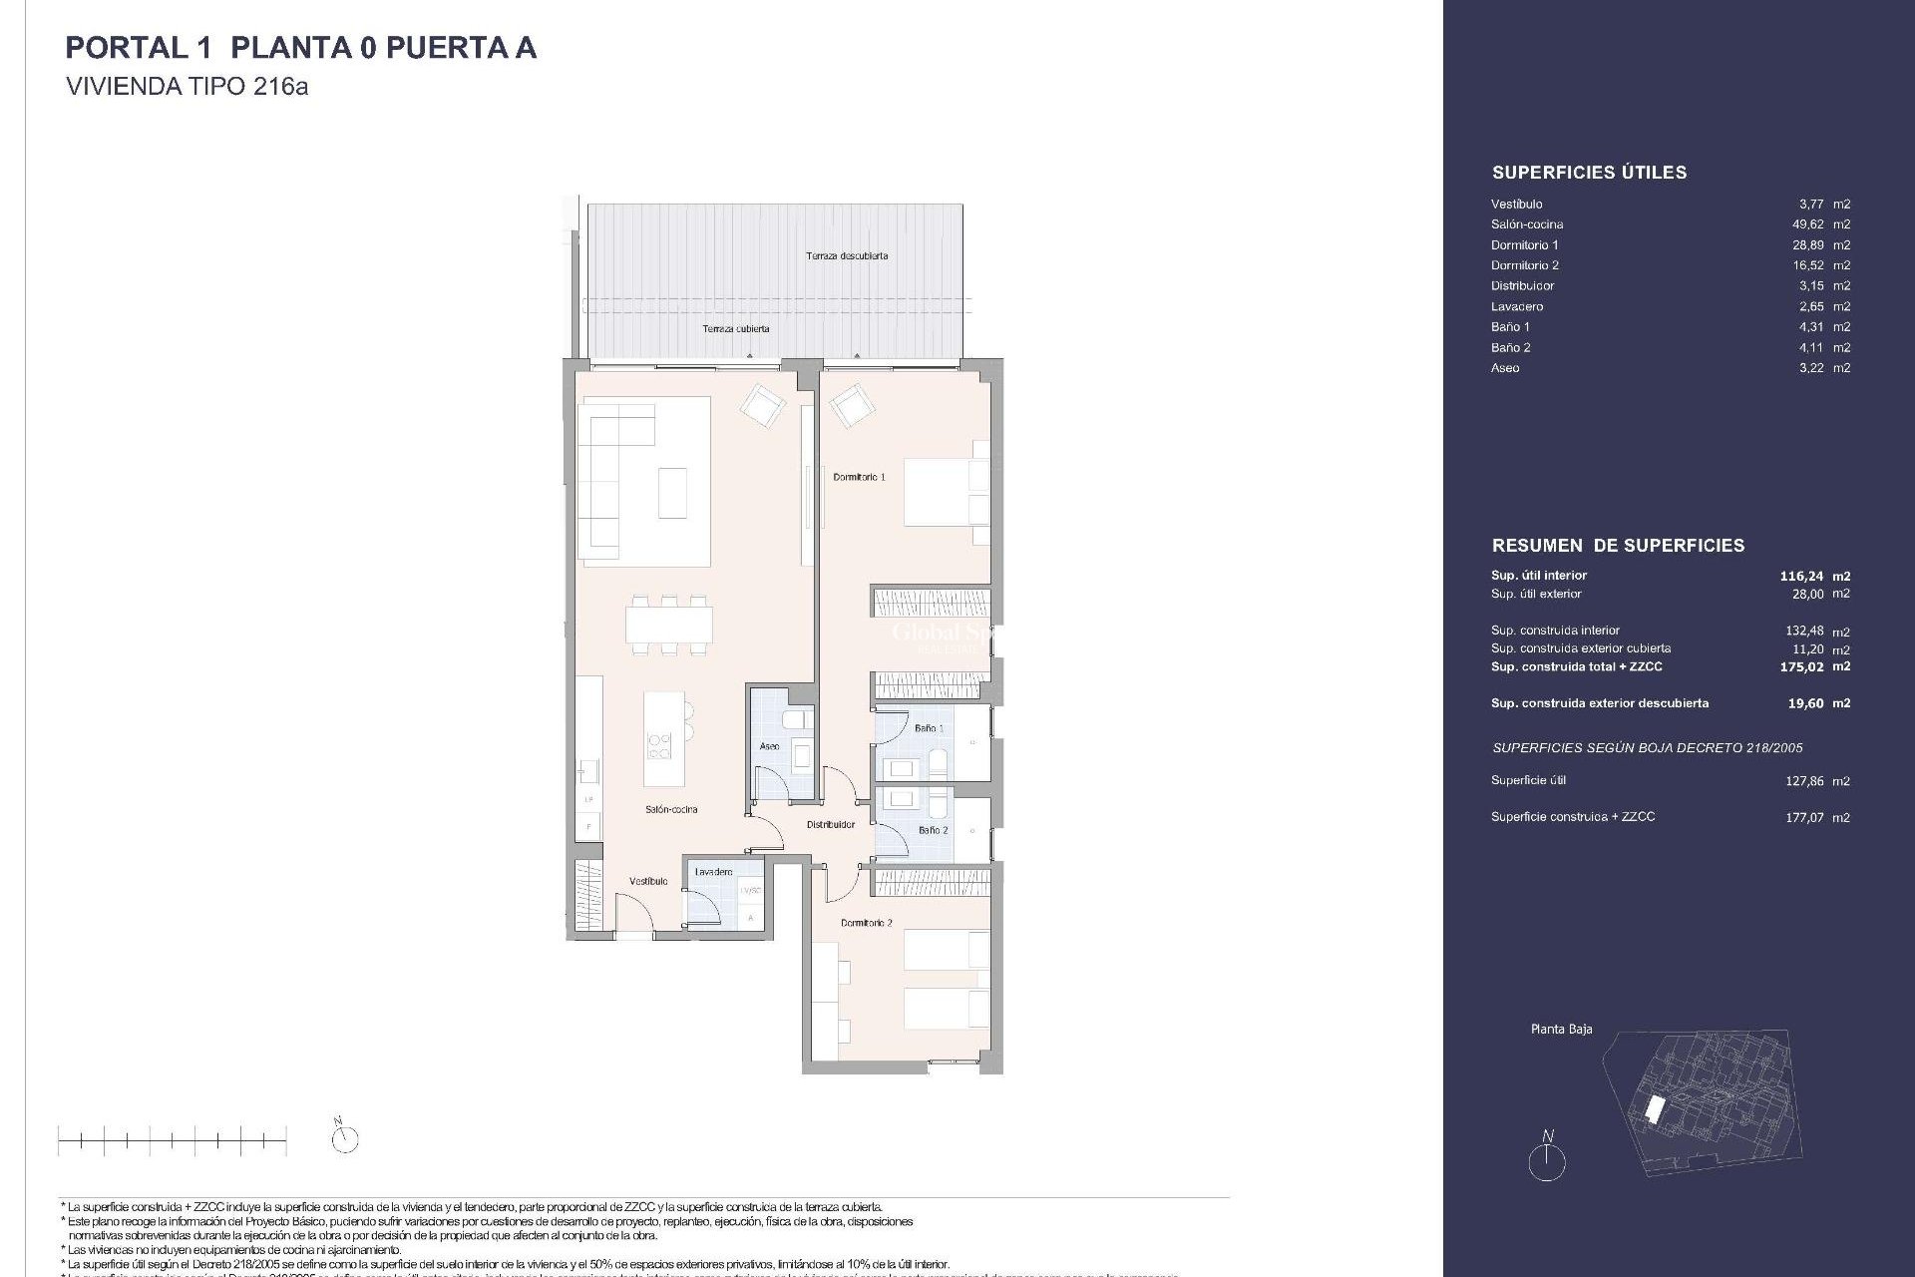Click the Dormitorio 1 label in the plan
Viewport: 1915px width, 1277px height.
[x=859, y=477]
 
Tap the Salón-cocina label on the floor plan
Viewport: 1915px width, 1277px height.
[x=671, y=809]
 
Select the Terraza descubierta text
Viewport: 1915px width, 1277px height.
[x=847, y=256]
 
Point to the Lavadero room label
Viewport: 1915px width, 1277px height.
[x=713, y=872]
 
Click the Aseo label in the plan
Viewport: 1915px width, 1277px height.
[x=769, y=746]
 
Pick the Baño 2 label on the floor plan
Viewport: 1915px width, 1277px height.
[x=933, y=830]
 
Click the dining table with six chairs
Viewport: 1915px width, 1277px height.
[x=669, y=625]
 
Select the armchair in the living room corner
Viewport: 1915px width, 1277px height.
[x=762, y=406]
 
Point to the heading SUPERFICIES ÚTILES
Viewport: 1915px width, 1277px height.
[x=1589, y=173]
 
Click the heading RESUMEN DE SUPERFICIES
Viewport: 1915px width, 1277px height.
[x=1618, y=546]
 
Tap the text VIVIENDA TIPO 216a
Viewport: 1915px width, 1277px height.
[x=187, y=87]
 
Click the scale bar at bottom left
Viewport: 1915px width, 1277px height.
[x=173, y=1139]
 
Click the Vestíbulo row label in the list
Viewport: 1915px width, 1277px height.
[x=1516, y=205]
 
